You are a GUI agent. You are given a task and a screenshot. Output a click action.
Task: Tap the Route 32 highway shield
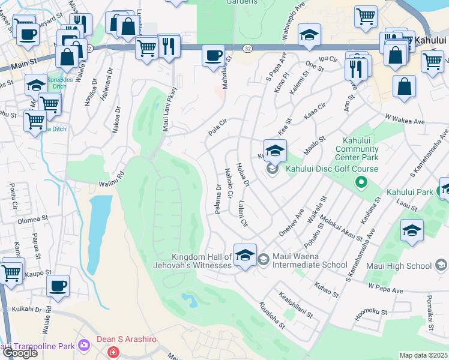point(247,47)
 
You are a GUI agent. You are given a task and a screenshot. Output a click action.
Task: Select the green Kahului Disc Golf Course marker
point(361,181)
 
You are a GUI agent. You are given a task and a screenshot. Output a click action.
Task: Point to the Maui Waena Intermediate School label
point(309,265)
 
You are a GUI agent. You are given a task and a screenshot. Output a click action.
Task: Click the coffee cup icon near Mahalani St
point(213,57)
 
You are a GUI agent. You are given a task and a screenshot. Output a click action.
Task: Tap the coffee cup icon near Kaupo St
point(58,286)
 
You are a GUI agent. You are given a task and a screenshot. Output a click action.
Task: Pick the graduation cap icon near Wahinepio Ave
point(309,35)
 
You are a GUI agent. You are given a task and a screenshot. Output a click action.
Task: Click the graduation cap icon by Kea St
point(275,151)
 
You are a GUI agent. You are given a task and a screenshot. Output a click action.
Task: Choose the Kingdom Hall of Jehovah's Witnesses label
point(201,260)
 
